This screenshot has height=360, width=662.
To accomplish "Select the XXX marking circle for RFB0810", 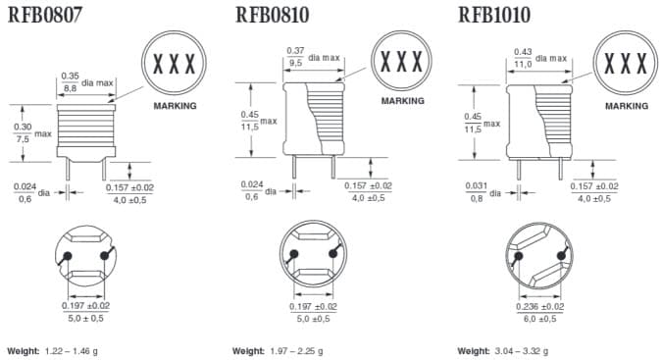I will click(402, 62).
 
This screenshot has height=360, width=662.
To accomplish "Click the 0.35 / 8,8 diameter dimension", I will click(71, 81).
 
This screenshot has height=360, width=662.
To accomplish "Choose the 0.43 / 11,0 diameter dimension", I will click(523, 57).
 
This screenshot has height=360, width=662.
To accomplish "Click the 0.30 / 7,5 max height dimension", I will click(22, 132).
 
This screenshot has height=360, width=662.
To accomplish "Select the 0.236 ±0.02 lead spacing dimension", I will click(537, 311).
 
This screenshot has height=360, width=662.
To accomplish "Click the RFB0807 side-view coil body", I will click(86, 129).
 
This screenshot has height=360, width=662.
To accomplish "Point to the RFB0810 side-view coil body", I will click(312, 118).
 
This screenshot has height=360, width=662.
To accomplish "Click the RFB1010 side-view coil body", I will click(538, 120).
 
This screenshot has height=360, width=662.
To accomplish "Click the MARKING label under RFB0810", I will click(402, 100).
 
